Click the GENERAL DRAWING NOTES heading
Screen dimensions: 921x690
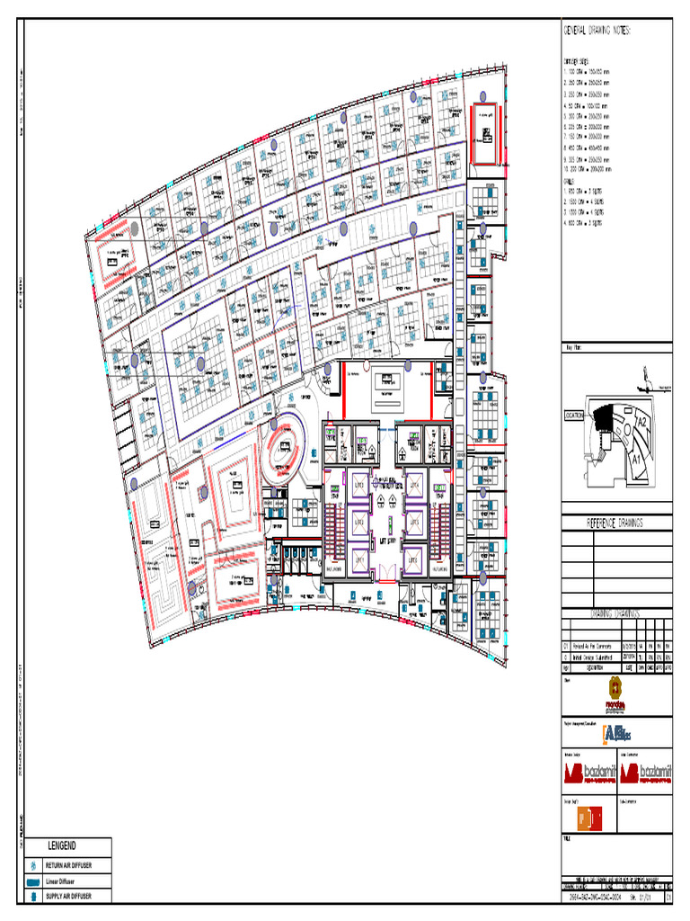click(x=597, y=30)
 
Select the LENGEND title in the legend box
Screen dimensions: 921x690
click(x=62, y=846)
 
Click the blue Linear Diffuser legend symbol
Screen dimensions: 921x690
click(x=33, y=881)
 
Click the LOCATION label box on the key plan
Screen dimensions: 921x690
click(x=574, y=416)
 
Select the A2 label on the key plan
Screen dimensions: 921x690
click(x=641, y=422)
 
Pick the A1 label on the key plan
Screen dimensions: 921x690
click(x=635, y=458)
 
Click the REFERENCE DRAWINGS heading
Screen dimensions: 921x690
click(x=616, y=523)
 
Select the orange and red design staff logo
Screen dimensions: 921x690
click(x=588, y=818)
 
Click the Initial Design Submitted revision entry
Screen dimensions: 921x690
click(x=594, y=657)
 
